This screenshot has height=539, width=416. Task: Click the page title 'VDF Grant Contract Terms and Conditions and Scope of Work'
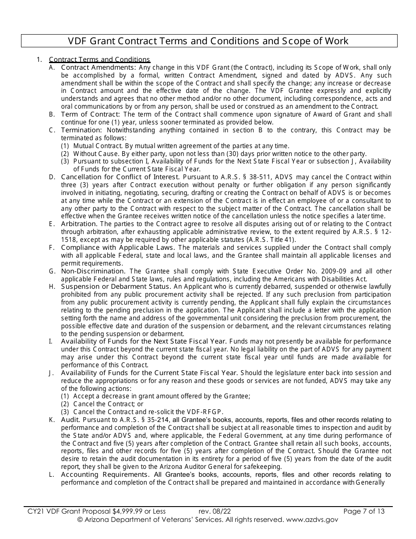pyautogui.click(x=208, y=41)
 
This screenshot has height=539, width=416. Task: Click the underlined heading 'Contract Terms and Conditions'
pyautogui.click(x=99, y=60)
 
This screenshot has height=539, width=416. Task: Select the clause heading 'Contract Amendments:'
pyautogui.click(x=99, y=67)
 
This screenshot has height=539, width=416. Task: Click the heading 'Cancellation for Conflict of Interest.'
pyautogui.click(x=120, y=177)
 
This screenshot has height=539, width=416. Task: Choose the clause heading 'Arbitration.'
pyautogui.click(x=79, y=224)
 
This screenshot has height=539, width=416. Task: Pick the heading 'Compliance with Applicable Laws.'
pyautogui.click(x=118, y=248)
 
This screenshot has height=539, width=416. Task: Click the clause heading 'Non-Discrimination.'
pyautogui.click(x=93, y=271)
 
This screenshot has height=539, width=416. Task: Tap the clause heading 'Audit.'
pyautogui.click(x=71, y=420)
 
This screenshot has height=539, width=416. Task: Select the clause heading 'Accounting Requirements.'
pyautogui.click(x=104, y=475)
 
